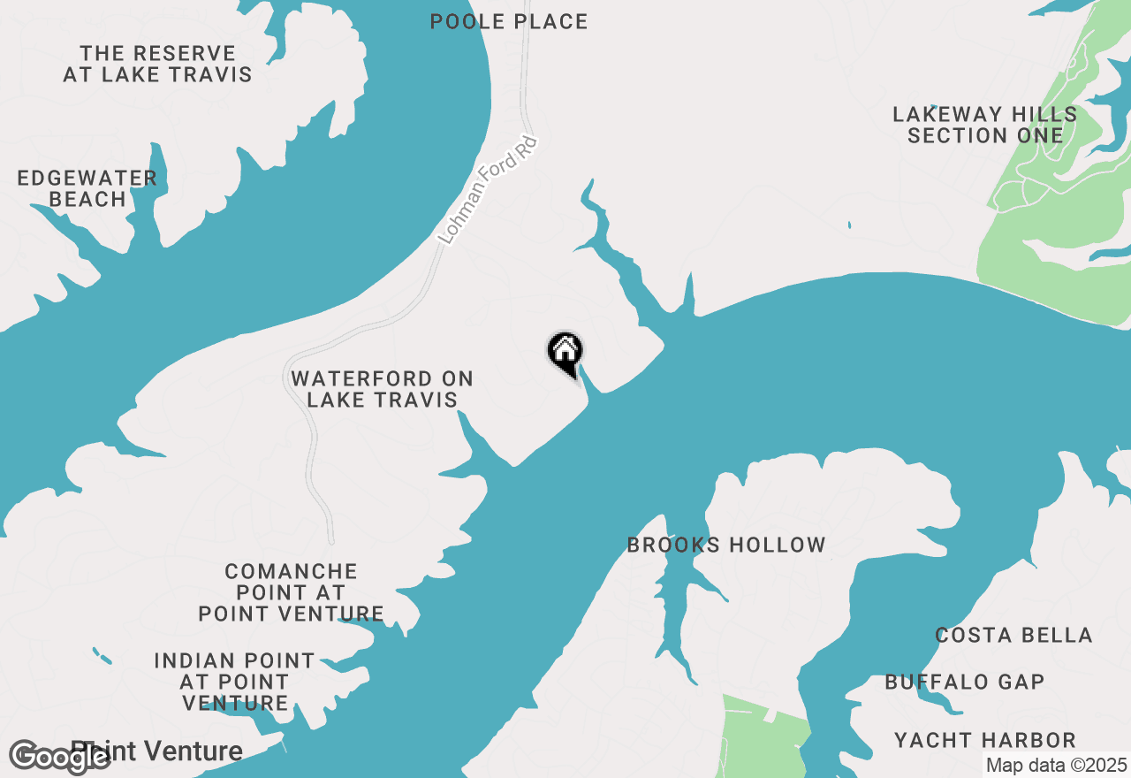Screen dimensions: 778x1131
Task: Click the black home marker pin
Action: click(565, 354)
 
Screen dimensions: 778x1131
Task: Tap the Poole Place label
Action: click(509, 21)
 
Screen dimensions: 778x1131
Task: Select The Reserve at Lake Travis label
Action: click(157, 65)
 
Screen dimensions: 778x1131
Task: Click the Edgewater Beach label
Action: click(87, 189)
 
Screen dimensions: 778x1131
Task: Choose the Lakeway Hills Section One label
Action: click(985, 125)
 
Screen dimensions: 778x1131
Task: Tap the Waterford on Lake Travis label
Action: click(382, 389)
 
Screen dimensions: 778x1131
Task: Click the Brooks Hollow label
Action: click(726, 545)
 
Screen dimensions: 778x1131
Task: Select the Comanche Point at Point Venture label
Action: click(291, 592)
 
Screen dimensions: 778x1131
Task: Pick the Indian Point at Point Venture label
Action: click(234, 682)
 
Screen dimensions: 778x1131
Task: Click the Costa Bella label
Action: click(1013, 635)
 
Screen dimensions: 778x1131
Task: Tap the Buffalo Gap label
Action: click(965, 682)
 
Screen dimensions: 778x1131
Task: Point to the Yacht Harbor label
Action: click(985, 739)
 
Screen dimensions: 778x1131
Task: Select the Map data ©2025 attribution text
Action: click(1056, 766)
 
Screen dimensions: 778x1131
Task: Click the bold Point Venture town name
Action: click(168, 751)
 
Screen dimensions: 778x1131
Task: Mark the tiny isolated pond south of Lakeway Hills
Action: click(849, 225)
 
